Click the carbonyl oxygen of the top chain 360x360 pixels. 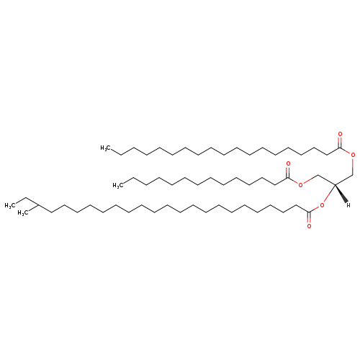point(340,134)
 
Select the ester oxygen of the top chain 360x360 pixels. point(353,155)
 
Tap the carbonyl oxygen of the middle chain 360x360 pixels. point(288,164)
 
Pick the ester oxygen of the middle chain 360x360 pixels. point(300,185)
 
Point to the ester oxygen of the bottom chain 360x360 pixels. point(322,205)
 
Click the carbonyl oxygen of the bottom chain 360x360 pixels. point(309,226)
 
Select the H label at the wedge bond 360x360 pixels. point(348,205)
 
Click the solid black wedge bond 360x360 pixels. point(341,194)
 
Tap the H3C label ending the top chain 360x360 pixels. point(106,148)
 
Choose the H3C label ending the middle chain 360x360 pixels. point(118,185)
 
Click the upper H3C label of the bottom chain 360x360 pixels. point(10,205)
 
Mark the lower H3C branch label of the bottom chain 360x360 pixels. point(23,213)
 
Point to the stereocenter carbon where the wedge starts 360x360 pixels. point(335,184)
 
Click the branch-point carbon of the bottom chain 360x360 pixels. point(39,205)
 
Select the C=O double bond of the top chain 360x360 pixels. point(339,143)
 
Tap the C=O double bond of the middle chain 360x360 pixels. point(288,173)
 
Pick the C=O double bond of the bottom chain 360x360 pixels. point(309,217)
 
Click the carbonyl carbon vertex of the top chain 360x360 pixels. point(339,148)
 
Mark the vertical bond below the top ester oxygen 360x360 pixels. point(353,166)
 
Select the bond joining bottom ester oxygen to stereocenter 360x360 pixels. point(329,194)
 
